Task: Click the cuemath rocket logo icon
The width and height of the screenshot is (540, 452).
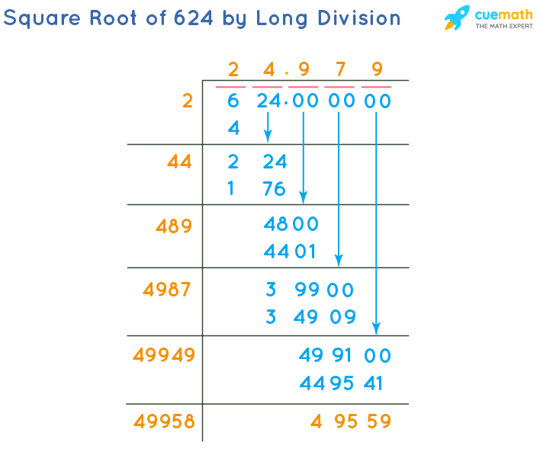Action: tap(457, 18)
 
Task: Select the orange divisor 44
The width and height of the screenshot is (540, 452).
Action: tap(181, 162)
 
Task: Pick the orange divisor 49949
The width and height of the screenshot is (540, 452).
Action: tap(164, 355)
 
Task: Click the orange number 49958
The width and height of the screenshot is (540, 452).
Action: tap(164, 421)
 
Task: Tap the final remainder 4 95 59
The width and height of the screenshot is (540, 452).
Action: tap(351, 421)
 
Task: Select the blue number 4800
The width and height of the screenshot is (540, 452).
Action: tap(290, 225)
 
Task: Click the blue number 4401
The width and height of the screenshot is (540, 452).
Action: tap(290, 251)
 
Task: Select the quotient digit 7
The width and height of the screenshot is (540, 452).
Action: tap(340, 70)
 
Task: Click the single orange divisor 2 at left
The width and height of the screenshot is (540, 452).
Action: tap(188, 101)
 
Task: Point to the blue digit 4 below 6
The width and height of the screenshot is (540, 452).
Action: tap(234, 129)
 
